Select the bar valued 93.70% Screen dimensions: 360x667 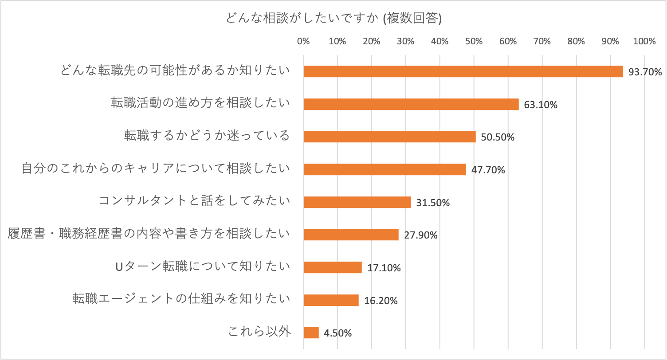463,71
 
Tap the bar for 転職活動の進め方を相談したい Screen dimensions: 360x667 411,104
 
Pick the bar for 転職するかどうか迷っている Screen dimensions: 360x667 389,137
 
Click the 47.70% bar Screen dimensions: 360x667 385,169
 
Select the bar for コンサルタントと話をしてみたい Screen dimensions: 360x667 357,202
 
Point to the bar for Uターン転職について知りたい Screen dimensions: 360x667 333,267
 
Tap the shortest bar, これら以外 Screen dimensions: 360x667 311,333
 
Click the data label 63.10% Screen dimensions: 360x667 541,105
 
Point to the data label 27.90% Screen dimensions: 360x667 421,235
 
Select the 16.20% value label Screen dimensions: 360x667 381,301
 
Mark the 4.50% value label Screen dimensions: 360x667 338,333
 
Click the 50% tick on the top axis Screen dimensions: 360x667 474,42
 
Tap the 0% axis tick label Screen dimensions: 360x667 303,42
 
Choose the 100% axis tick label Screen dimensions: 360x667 644,42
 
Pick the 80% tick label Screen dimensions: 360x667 576,42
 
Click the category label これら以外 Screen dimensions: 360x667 259,332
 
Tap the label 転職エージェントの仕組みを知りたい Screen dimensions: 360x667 182,299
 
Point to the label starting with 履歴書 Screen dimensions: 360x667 149,234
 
